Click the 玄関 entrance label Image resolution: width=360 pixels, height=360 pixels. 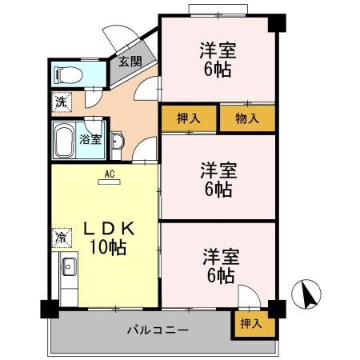pyautogui.click(x=129, y=62)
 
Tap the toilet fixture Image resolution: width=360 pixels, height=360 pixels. pyautogui.click(x=66, y=76)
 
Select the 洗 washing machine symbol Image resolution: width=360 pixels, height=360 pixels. pyautogui.click(x=61, y=102)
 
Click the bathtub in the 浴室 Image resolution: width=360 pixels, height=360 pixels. pyautogui.click(x=64, y=140)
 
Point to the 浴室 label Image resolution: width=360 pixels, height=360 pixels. pyautogui.click(x=90, y=139)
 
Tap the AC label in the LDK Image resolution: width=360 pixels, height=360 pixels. pyautogui.click(x=106, y=172)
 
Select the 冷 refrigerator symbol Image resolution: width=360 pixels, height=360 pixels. pyautogui.click(x=61, y=237)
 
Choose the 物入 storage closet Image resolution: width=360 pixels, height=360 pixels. pyautogui.click(x=248, y=118)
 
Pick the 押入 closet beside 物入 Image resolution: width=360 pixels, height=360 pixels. pyautogui.click(x=189, y=118)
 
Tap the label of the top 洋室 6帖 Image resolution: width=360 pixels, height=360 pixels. pyautogui.click(x=217, y=60)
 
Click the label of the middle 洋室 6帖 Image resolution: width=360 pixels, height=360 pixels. pyautogui.click(x=217, y=179)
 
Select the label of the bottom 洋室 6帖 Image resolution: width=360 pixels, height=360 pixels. pyautogui.click(x=217, y=266)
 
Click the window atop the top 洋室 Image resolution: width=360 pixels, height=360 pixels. pyautogui.click(x=218, y=10)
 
